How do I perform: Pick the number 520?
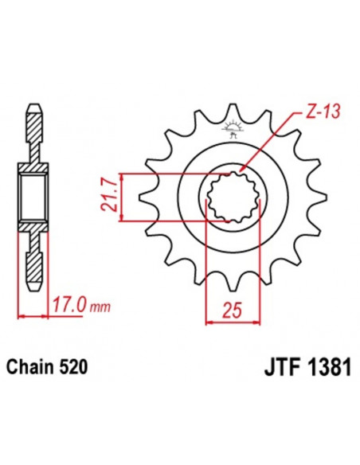coord(76,368)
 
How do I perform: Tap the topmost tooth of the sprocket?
coord(233,110)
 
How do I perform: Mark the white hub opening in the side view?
coord(32,197)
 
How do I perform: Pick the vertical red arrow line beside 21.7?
coord(121,197)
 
